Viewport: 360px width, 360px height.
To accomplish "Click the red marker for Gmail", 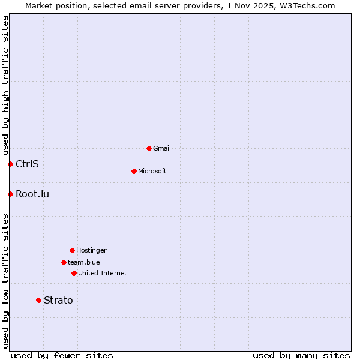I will [x=149, y=148].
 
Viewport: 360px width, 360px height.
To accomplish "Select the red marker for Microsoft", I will [x=134, y=171].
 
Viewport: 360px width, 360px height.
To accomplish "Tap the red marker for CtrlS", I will [x=10, y=164].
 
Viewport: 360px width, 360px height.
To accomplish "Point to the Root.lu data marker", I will [x=10, y=194].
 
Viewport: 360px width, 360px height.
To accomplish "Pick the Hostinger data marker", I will [x=72, y=250].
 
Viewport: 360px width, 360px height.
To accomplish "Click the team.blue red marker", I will [x=64, y=262].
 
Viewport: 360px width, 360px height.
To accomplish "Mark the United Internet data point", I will [x=74, y=273].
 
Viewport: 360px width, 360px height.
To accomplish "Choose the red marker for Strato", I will [x=38, y=300].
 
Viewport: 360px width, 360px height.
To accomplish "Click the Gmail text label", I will [x=162, y=148].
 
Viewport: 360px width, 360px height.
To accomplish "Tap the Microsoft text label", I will [x=152, y=171].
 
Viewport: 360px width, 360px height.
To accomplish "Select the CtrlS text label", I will [x=27, y=164].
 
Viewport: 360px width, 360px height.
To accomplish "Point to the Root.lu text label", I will [x=32, y=194].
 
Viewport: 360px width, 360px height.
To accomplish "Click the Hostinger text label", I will [x=91, y=250].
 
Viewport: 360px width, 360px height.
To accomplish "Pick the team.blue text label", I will [x=84, y=262].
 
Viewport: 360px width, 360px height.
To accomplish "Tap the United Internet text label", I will [x=103, y=273].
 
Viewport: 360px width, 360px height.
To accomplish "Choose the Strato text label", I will [x=58, y=300].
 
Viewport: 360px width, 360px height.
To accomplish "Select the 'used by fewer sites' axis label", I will [x=62, y=355].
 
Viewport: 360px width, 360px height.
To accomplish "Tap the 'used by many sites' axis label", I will [x=301, y=355].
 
